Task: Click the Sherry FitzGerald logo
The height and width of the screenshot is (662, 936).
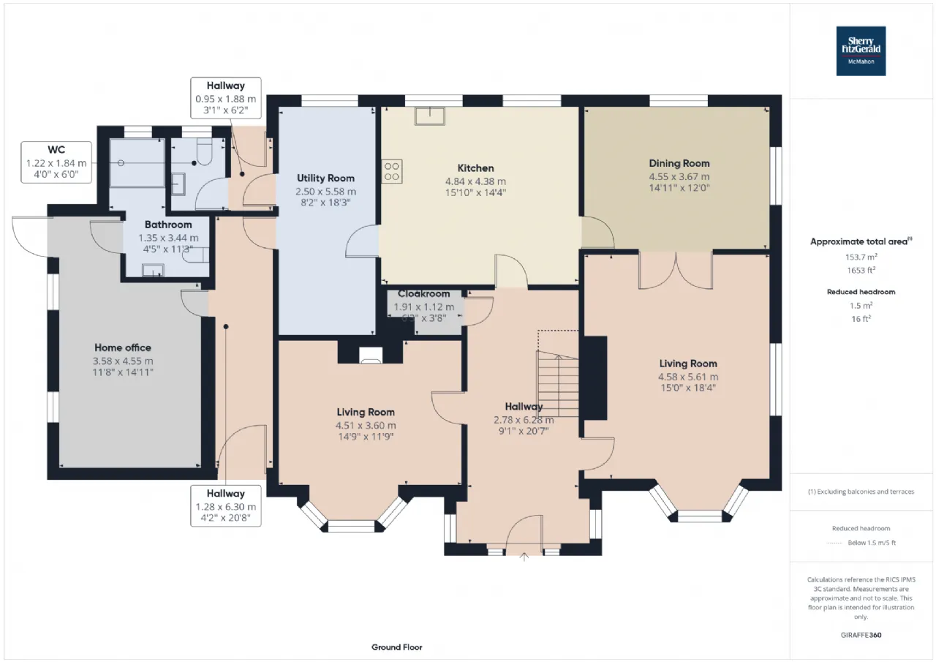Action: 861,51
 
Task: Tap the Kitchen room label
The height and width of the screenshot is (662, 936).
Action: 476,168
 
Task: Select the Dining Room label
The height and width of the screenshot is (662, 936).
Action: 679,163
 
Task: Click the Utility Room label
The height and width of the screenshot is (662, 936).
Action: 325,178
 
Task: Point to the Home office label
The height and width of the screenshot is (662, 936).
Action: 123,347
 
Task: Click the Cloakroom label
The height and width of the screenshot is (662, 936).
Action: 424,294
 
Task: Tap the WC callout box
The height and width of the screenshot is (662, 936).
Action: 56,161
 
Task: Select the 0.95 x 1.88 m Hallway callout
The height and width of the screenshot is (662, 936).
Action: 225,98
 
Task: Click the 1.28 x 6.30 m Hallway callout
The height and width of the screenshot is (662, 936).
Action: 225,505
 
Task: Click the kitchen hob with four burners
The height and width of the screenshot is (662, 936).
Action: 392,171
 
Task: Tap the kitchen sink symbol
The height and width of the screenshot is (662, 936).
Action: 431,116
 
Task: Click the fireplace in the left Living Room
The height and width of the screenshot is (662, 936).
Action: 370,355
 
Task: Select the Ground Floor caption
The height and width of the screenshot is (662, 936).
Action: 396,647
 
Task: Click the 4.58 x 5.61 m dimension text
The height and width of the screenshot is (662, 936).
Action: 688,377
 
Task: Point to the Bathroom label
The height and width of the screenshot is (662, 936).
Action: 168,225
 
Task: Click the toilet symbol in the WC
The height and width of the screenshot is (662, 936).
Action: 203,153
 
